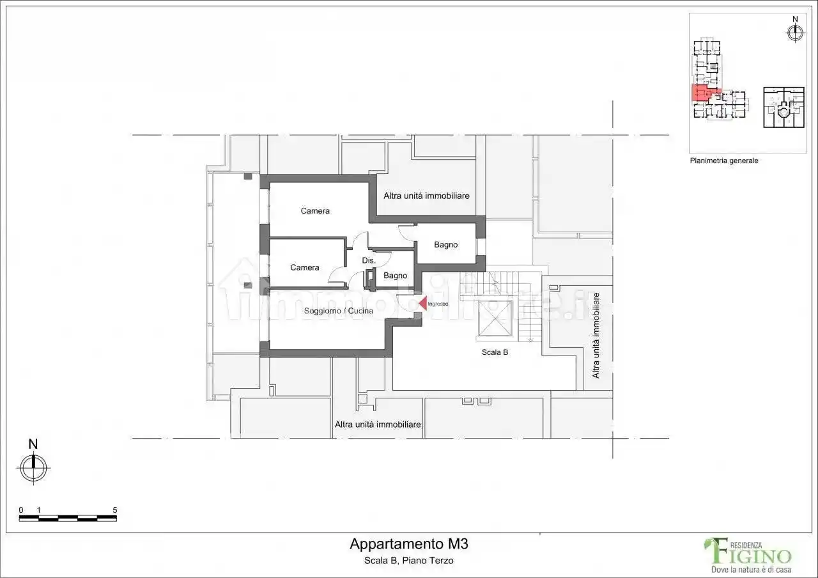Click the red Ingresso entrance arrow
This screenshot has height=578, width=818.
coord(423,303)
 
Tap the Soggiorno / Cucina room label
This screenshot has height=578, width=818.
coord(339,311)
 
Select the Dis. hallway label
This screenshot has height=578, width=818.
coord(369,260)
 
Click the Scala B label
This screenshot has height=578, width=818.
coord(495,352)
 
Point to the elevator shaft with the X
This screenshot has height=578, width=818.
coord(495,318)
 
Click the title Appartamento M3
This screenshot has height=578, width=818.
coord(409,544)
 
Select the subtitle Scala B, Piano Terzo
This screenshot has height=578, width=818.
coord(408,561)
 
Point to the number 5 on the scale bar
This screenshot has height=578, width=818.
coord(115,510)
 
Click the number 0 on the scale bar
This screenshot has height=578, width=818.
coord(21,510)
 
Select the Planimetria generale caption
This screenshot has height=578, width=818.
coord(724,160)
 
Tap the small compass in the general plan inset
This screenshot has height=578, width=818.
coord(795,33)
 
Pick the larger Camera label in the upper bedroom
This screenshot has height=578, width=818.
coord(315,211)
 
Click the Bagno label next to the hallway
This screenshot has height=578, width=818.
coord(395,276)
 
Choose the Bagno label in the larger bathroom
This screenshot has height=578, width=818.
coord(446,245)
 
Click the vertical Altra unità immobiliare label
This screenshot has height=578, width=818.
coord(596,335)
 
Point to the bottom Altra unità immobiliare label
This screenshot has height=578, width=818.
coord(378,425)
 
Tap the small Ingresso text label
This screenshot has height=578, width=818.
coord(438,304)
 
